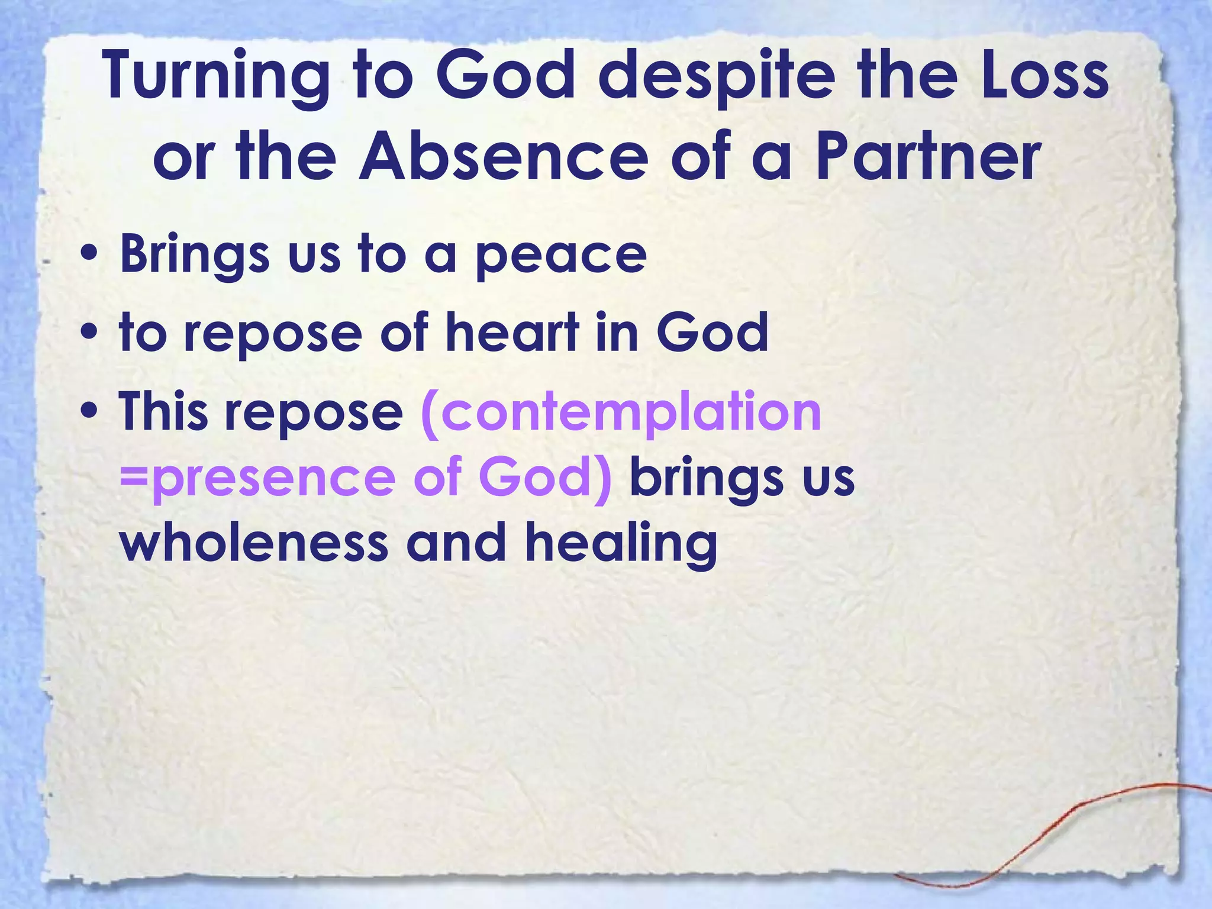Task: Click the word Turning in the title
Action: pyautogui.click(x=217, y=78)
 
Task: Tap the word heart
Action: pyautogui.click(x=512, y=333)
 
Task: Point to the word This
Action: pyautogui.click(x=163, y=411)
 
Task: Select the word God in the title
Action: pyautogui.click(x=507, y=78)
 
